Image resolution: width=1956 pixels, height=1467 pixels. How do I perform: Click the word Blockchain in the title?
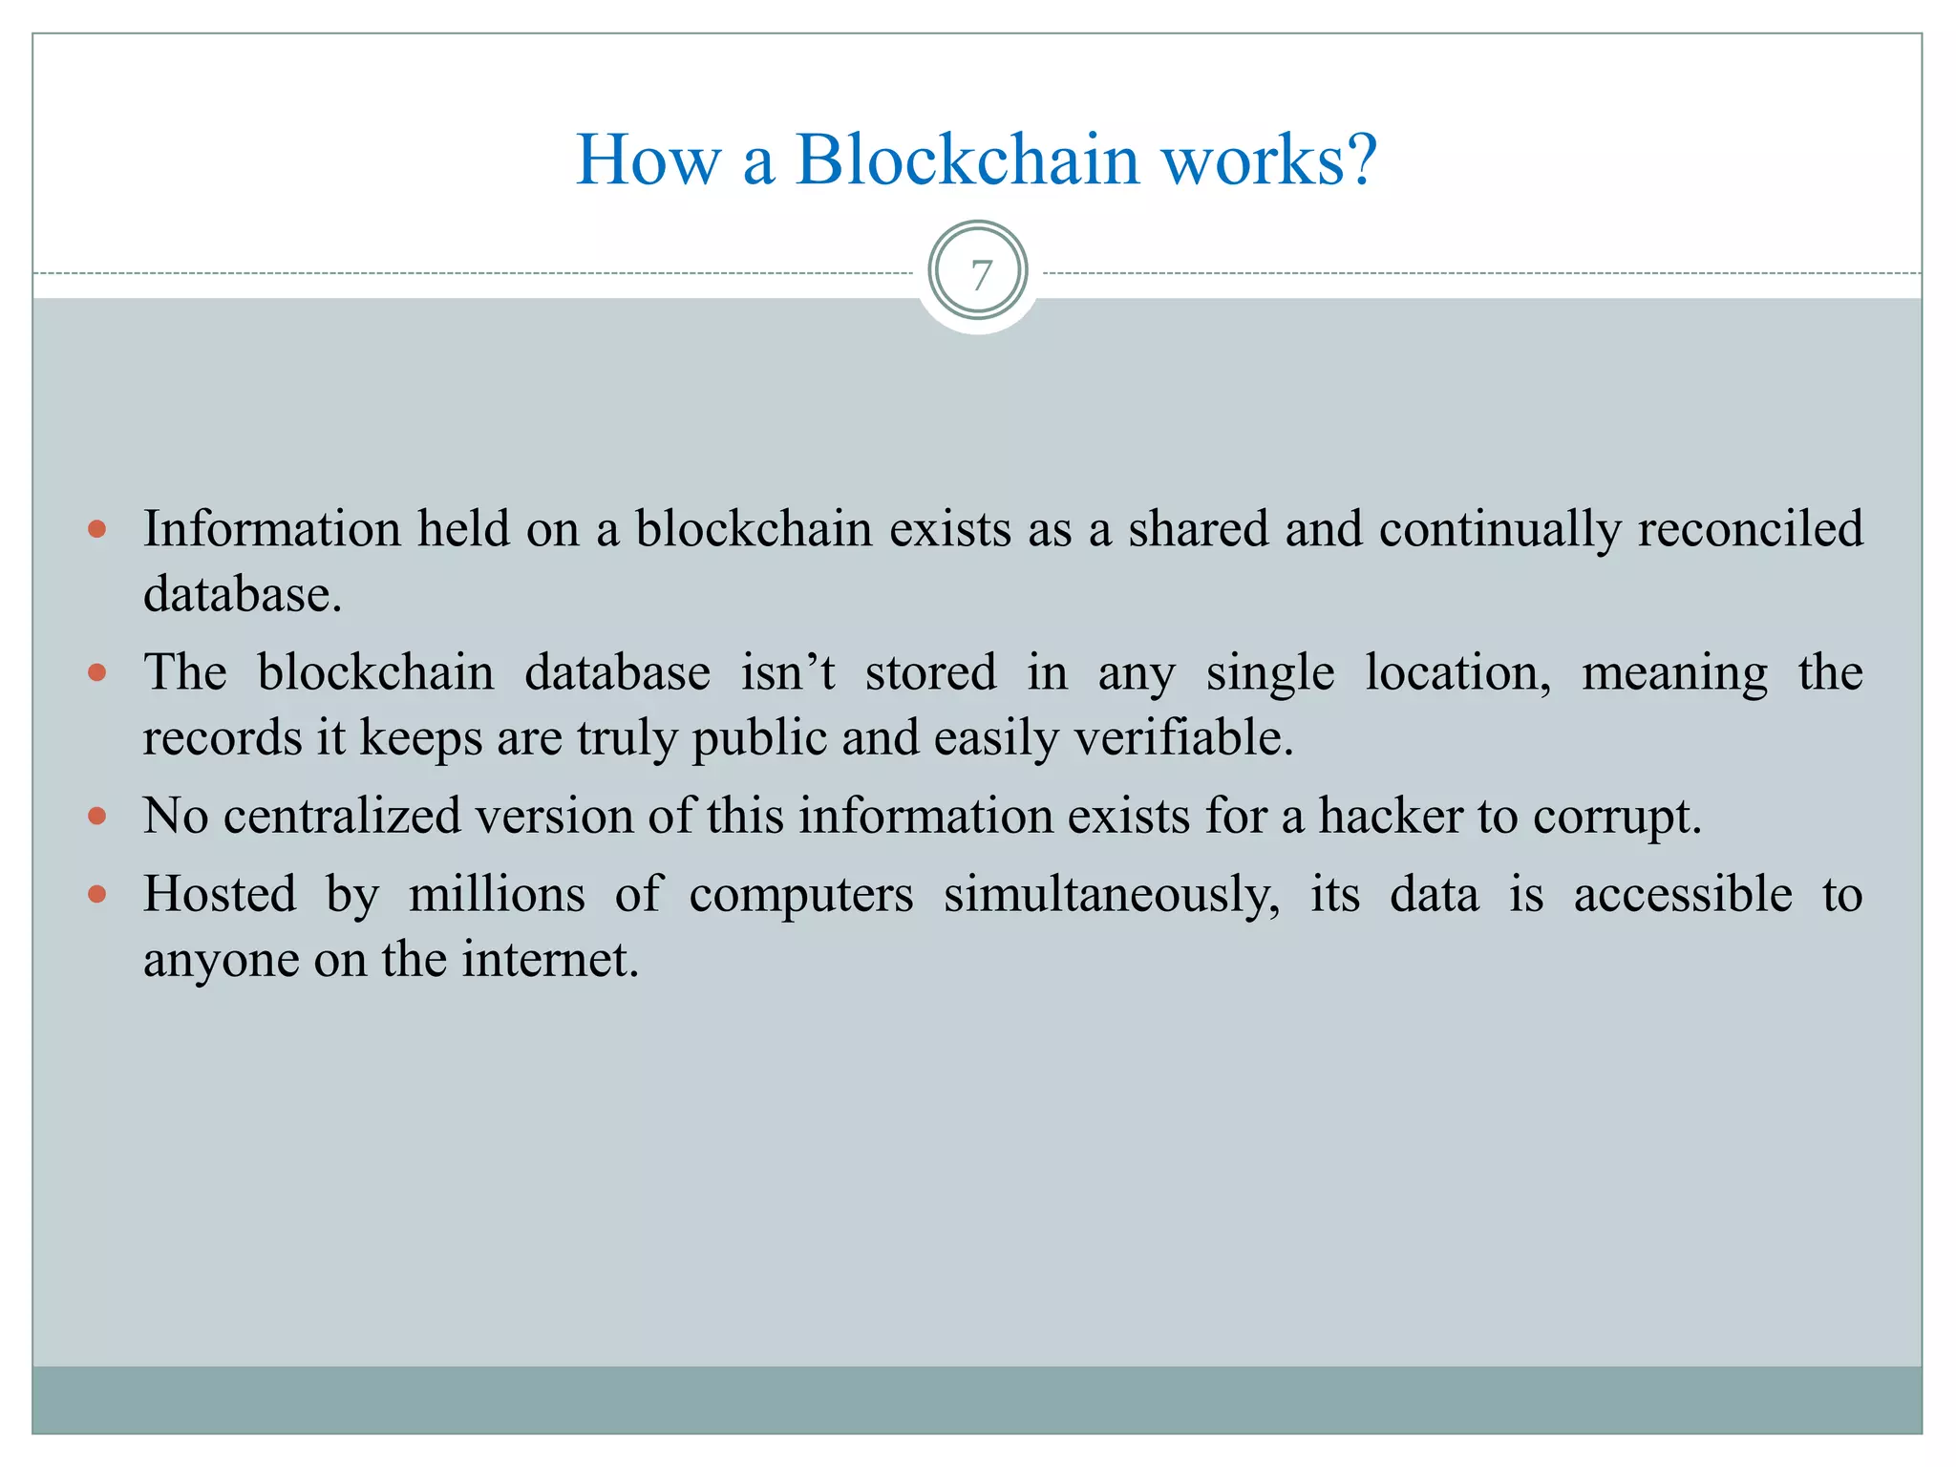coord(967,159)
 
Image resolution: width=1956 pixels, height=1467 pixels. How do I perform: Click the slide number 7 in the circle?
coord(980,275)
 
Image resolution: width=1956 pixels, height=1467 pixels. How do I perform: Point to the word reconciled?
coord(1750,529)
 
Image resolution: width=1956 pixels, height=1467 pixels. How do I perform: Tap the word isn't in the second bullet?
coord(788,672)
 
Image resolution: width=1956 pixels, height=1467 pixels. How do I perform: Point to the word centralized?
coord(342,817)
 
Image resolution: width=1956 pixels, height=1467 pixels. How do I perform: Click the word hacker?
coord(1391,817)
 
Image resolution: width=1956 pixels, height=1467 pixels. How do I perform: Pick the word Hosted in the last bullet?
coord(220,895)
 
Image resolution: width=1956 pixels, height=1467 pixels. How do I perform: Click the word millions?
coord(497,895)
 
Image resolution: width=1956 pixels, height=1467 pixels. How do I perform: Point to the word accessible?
coord(1683,895)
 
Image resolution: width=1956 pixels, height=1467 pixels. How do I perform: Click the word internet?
coord(550,960)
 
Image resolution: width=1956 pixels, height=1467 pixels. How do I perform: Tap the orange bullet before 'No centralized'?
coord(96,817)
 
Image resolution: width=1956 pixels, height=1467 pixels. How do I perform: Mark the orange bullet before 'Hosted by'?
coord(96,895)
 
